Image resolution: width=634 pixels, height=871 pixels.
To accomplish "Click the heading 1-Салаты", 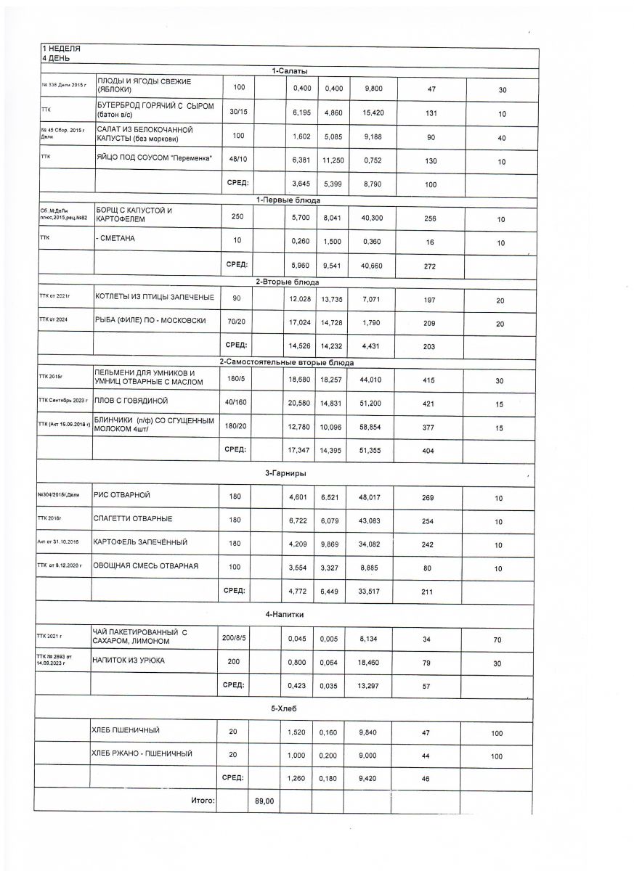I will click(290, 71).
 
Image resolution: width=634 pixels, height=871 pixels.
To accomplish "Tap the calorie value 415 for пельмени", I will click(428, 380).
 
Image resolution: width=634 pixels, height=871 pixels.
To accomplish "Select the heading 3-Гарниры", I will click(285, 473).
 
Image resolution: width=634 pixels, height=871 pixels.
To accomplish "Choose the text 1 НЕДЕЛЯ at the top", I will click(61, 49).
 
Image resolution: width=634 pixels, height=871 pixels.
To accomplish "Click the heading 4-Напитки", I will click(284, 614).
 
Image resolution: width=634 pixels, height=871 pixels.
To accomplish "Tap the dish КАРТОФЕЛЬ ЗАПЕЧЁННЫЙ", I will click(141, 542).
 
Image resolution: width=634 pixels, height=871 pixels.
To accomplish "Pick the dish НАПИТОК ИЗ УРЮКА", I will click(129, 661).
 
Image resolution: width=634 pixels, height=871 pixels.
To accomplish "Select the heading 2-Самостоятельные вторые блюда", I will click(287, 362).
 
